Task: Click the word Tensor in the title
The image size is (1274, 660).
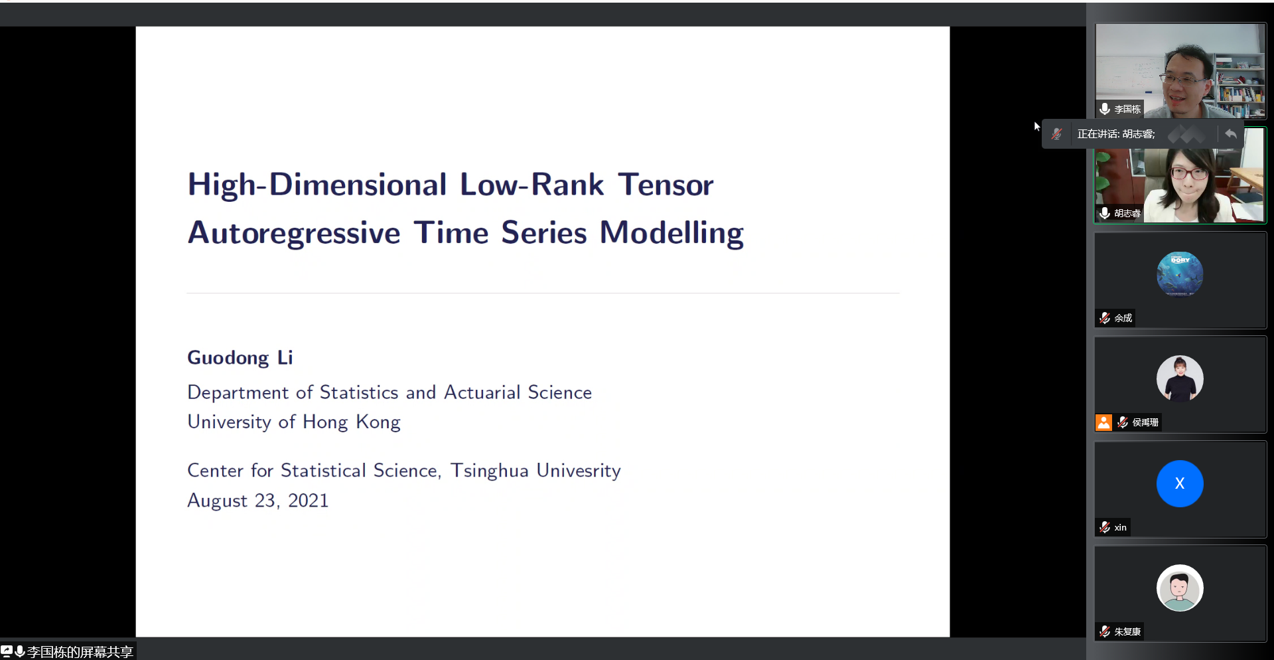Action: click(666, 185)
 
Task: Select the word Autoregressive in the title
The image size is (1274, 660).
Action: click(294, 234)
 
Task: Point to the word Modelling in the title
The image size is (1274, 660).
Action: click(672, 234)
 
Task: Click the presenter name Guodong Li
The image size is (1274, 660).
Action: click(240, 358)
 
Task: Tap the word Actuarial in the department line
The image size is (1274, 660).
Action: click(482, 392)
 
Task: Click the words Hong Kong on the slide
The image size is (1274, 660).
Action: click(352, 422)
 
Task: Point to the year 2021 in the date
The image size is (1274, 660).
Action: click(309, 501)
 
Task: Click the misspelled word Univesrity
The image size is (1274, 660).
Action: click(579, 471)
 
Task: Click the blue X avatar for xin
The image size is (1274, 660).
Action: click(1180, 483)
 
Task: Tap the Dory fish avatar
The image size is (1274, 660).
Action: click(1180, 274)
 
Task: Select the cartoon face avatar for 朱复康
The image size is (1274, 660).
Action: click(1180, 588)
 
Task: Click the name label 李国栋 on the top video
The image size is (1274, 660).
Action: click(1127, 109)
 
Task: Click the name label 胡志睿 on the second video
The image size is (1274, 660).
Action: click(1127, 213)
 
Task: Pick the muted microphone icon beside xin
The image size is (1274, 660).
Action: click(1105, 527)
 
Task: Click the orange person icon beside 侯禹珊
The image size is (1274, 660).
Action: click(1103, 422)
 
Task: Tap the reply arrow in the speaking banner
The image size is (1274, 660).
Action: click(1231, 134)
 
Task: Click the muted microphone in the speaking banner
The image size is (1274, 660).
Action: click(1057, 134)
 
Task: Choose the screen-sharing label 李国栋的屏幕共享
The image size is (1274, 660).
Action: click(80, 652)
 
